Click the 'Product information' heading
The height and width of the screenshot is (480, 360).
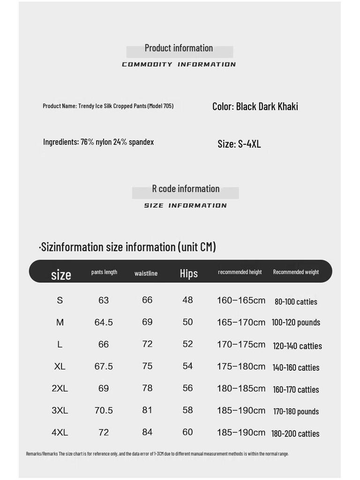coord(179,48)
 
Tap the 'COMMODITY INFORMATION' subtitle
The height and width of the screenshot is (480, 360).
coord(179,65)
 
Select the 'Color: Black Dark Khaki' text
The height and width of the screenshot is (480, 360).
coord(255,106)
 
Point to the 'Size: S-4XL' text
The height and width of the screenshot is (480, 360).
coord(239,144)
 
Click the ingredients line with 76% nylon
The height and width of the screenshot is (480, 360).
coord(98,142)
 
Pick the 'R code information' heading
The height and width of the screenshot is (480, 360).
coord(186,189)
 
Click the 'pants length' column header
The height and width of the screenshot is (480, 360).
coord(104,272)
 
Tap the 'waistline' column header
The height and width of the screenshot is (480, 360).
coord(146,273)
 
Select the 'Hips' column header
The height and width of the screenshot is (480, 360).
coord(189,273)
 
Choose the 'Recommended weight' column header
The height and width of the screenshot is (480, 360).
coord(296,272)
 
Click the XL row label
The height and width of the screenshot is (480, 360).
coord(60,367)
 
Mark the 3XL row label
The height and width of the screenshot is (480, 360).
coord(60,411)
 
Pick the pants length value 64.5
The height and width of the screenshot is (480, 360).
coord(104,322)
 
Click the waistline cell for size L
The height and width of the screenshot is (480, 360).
coord(147,344)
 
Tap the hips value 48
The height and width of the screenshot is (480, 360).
coord(187,300)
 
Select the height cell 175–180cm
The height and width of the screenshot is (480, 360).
coord(241,367)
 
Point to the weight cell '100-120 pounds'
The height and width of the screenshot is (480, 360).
coord(296,322)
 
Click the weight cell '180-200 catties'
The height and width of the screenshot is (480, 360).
coord(295,434)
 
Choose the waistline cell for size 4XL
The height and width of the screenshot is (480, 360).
coord(147,432)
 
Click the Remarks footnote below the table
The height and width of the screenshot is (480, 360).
coord(157,454)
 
